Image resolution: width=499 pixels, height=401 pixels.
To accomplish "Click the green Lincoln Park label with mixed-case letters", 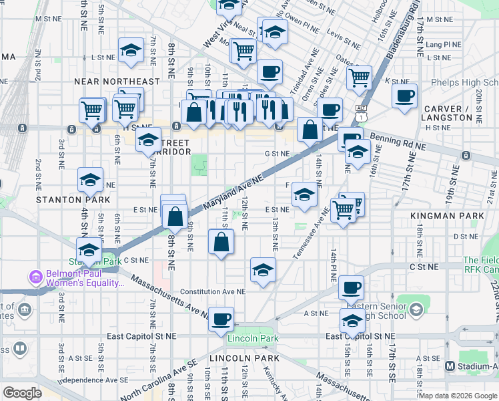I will point(253,339).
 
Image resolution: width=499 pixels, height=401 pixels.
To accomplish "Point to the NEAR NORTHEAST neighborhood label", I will point(117,82).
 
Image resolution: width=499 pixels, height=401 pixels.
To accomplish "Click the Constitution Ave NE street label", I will point(212,291).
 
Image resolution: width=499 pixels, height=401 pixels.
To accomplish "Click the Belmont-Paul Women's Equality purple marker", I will point(34,277).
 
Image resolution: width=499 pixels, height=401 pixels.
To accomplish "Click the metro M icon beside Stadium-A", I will point(450,366).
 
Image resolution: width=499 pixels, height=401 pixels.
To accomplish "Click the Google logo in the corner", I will point(22,393).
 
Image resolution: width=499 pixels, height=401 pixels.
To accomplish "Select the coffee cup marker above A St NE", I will point(350,289).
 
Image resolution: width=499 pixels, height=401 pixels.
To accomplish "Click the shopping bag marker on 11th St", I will point(221,242).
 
